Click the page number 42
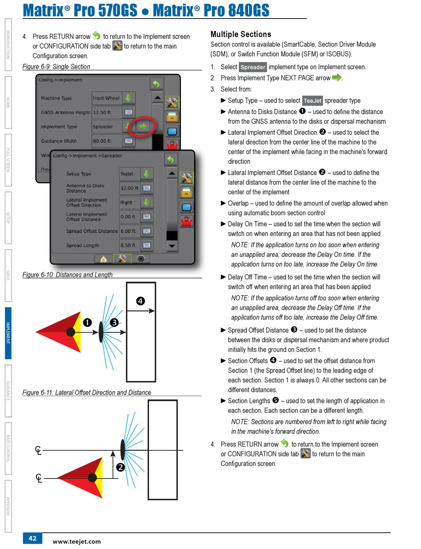32,538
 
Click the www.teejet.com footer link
77,541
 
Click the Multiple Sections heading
241,35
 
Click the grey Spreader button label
253,67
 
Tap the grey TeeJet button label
313,101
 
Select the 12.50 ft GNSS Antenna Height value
102,112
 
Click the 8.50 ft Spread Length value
129,246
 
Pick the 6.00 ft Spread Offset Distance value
129,231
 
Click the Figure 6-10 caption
67,275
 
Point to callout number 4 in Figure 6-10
140,301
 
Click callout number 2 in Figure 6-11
120,467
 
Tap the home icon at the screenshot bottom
103,259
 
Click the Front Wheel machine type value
106,98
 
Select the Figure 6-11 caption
86,392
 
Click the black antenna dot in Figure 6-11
92,478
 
